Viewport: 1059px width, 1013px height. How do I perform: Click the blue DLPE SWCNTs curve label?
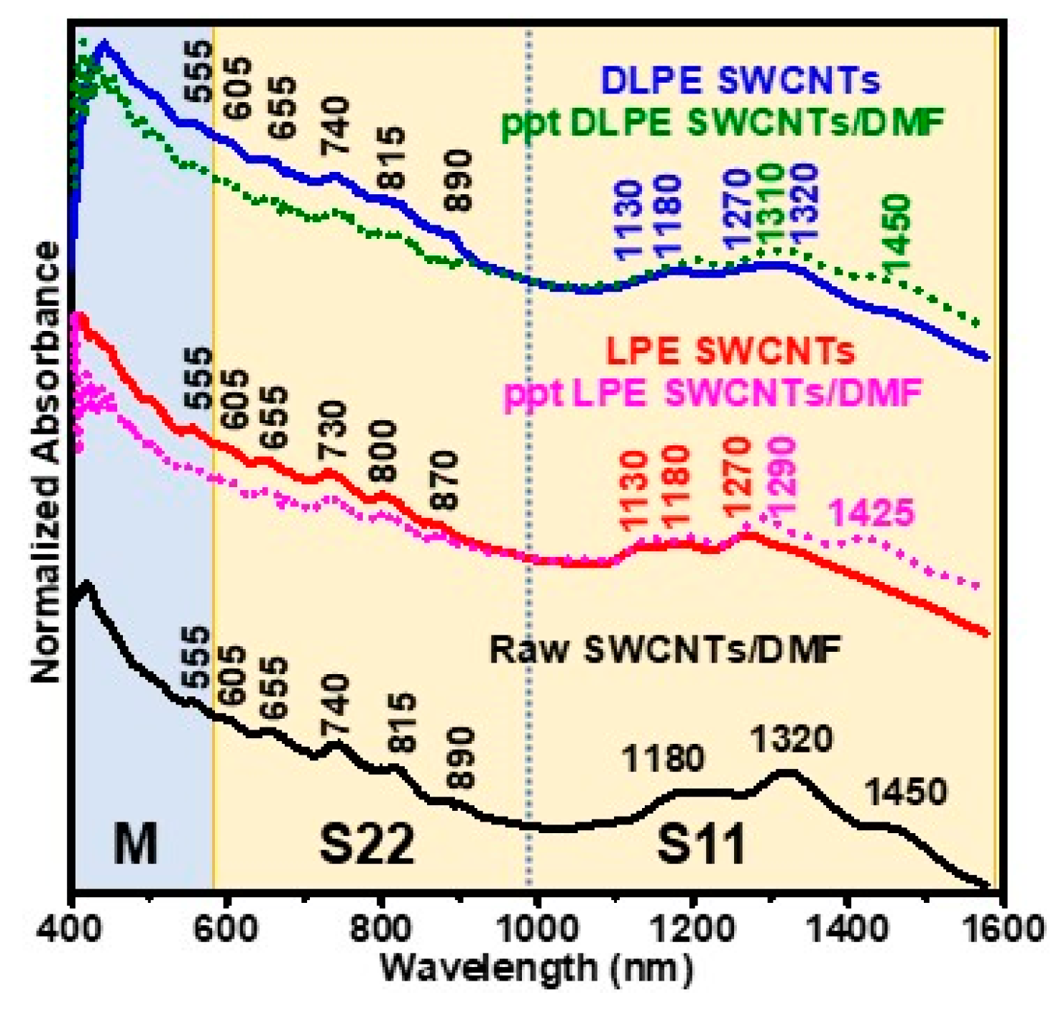click(x=741, y=81)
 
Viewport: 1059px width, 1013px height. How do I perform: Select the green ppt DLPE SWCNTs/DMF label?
click(x=722, y=123)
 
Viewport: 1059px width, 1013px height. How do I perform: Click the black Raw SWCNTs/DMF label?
click(x=665, y=650)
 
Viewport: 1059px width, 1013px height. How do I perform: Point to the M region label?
click(x=135, y=843)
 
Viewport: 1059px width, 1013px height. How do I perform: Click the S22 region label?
click(x=367, y=843)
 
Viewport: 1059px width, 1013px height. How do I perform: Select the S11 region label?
click(x=701, y=845)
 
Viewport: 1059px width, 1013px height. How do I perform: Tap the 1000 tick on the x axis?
click(x=536, y=929)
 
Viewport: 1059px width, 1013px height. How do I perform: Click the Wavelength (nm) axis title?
click(x=536, y=968)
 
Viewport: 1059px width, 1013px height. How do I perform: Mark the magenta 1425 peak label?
click(x=871, y=514)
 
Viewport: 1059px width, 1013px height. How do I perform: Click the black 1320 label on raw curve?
click(x=791, y=739)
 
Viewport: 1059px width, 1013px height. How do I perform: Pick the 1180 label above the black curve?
click(x=662, y=758)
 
